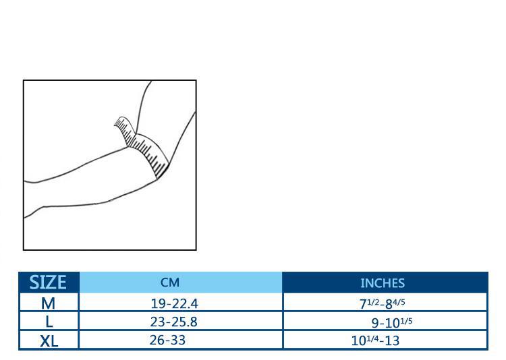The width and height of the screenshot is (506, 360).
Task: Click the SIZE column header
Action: (x=48, y=282)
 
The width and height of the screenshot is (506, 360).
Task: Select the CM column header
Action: (x=170, y=282)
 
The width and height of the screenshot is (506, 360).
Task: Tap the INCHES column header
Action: (x=383, y=283)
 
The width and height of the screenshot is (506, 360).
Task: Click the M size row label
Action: (x=48, y=303)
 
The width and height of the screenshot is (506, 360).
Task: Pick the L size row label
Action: (x=49, y=322)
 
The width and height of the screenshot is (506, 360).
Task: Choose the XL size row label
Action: (x=49, y=341)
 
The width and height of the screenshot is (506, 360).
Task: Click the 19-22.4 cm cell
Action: (x=174, y=303)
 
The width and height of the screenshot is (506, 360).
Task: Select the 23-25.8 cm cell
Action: (x=173, y=322)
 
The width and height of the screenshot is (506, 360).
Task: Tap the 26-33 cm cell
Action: (x=167, y=340)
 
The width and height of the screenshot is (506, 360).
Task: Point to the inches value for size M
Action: (x=383, y=303)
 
